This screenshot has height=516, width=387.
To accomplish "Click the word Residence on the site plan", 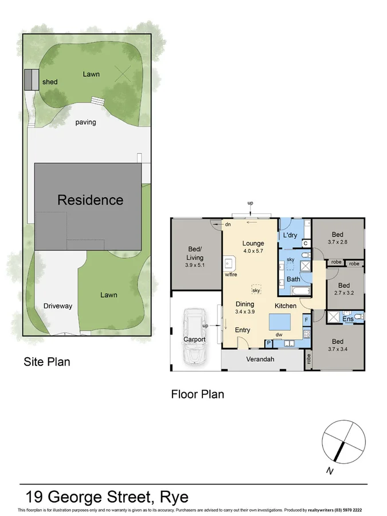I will coord(90,200).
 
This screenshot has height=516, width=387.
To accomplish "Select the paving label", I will coord(85,122).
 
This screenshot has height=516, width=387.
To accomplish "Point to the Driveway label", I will coord(58,306).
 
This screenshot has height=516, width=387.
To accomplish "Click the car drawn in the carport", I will coord(194,337).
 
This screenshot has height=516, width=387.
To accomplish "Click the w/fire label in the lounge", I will coord(231,275).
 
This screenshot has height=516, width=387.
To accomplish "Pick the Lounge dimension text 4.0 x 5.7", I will coord(253,251).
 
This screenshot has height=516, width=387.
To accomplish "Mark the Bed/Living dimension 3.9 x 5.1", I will coord(196,265).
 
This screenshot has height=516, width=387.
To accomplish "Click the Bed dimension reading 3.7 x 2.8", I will coord(338,243).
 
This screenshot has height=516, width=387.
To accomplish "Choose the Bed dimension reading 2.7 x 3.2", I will coord(344,293).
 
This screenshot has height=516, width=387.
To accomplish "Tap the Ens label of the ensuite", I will coord(347,319).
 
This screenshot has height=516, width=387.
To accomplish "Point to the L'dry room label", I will coord(290,236).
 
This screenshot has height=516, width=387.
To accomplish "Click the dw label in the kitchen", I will coord(279,335).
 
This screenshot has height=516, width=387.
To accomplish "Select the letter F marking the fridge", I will coord(306,319).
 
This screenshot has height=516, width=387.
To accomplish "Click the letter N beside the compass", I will coord(330,471).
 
